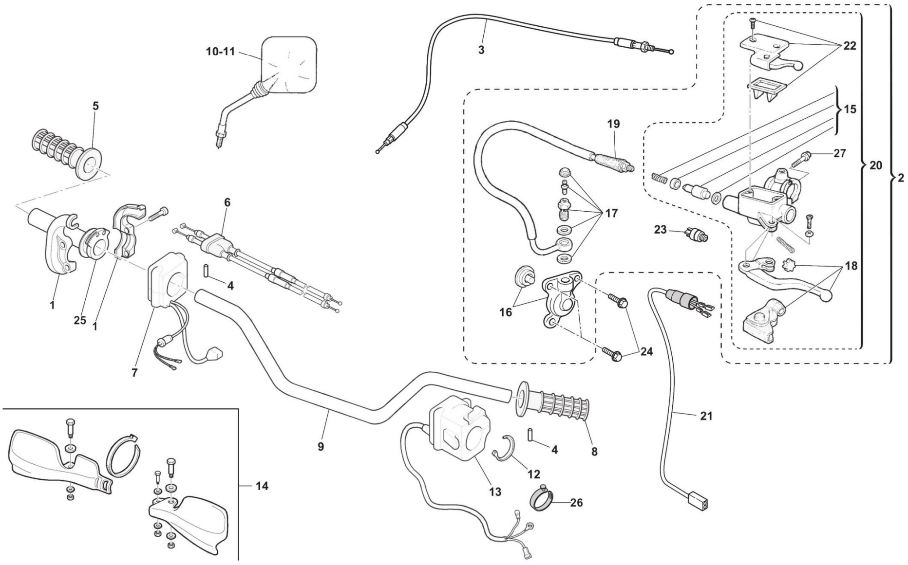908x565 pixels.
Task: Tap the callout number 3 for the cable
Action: (x=481, y=50)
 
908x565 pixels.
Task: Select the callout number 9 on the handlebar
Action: (x=321, y=446)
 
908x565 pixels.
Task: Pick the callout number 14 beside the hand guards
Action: (x=262, y=486)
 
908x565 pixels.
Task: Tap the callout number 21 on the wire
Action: (x=706, y=416)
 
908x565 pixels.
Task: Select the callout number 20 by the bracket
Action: (x=875, y=165)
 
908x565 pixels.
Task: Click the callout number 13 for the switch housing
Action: (x=495, y=492)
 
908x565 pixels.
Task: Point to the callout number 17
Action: (x=611, y=213)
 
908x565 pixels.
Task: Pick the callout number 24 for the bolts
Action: (x=646, y=351)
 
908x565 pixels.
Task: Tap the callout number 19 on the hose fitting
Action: (x=614, y=124)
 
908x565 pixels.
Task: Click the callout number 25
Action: (x=80, y=320)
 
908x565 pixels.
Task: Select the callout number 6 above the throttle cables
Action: (x=227, y=202)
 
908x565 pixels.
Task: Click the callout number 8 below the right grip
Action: (x=594, y=452)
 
